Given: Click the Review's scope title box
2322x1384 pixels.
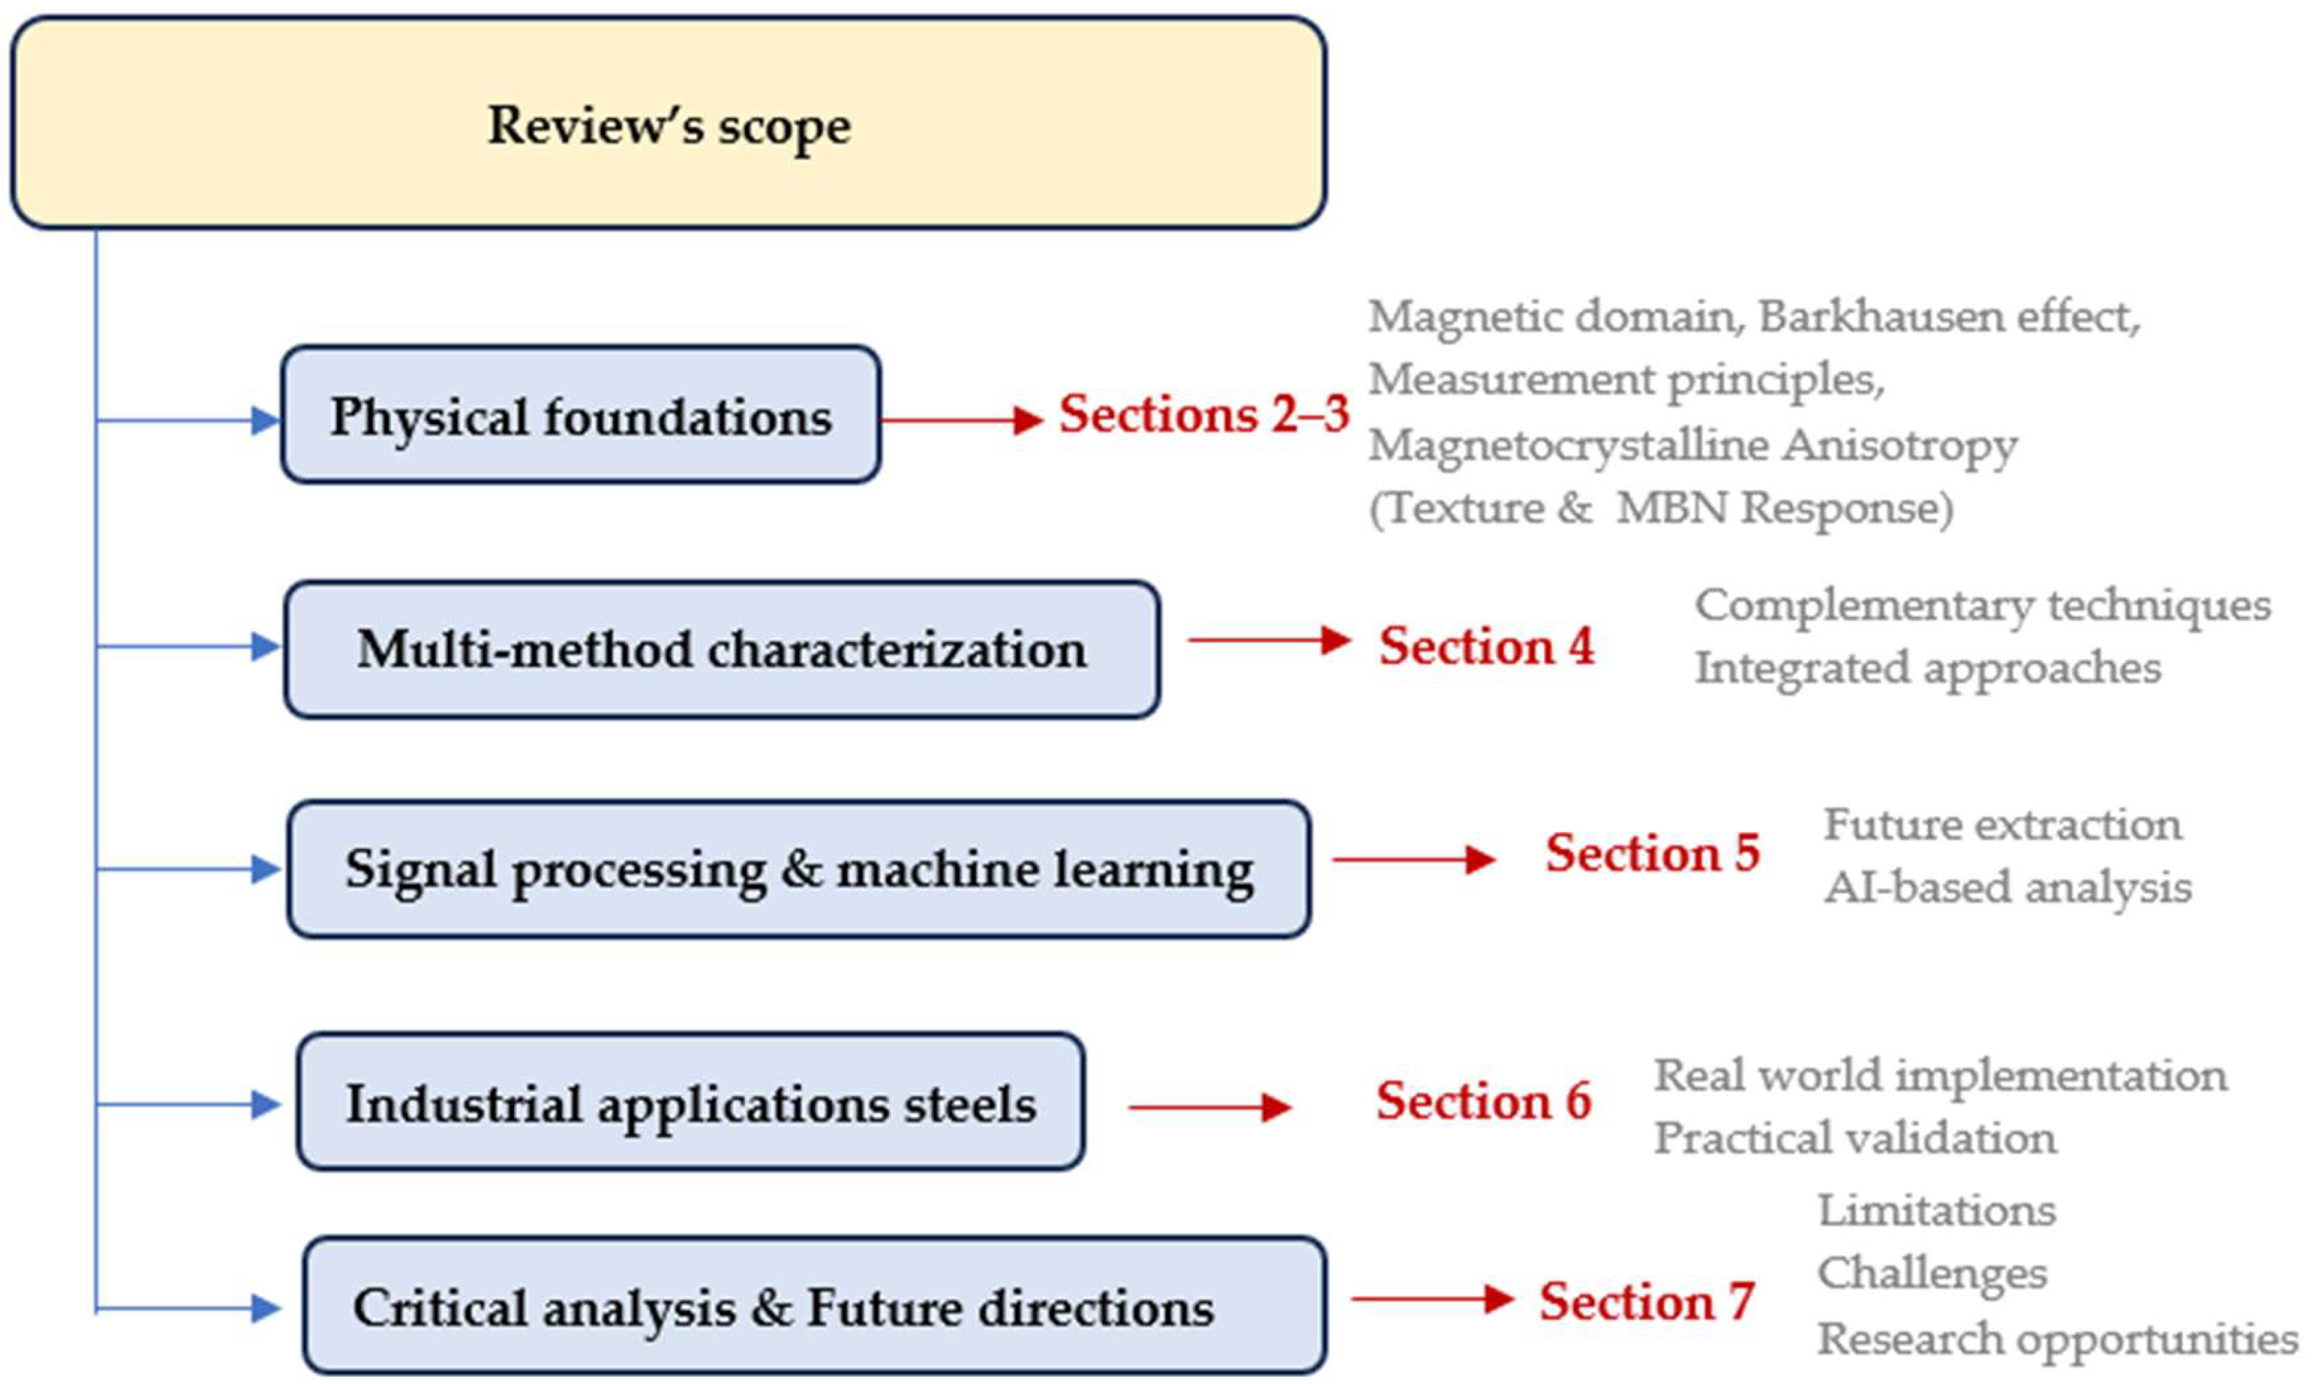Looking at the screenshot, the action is (668, 123).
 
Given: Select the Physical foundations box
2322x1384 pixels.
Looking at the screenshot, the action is (581, 415).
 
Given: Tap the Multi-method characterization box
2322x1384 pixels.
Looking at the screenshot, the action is (723, 649).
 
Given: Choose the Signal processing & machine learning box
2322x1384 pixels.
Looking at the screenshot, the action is (799, 869).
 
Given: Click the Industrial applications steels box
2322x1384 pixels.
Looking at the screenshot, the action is (691, 1102).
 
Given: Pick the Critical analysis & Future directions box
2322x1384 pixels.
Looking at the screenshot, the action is (814, 1305).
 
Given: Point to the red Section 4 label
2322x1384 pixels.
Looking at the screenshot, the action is (1486, 645).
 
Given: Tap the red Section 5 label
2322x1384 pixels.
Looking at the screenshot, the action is (1652, 852).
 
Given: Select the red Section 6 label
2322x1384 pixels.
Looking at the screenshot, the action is (1484, 1100).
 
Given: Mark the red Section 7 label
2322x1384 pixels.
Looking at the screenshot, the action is (1647, 1301).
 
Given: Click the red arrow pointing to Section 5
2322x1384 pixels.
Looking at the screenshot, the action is (1415, 859).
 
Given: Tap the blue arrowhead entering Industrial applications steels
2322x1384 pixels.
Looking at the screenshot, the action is (266, 1105).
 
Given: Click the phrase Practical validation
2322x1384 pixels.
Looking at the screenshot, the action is (1855, 1138).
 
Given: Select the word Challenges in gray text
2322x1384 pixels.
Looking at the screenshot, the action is (1932, 1274).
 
